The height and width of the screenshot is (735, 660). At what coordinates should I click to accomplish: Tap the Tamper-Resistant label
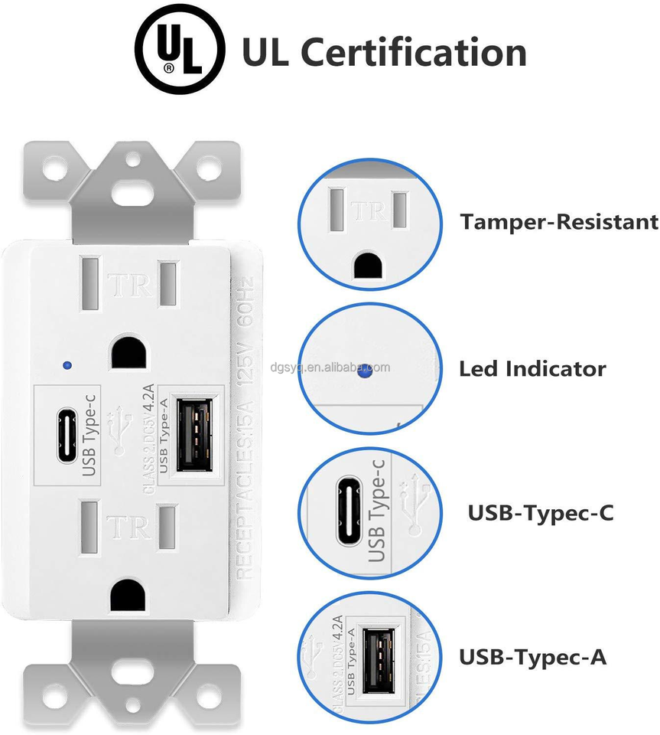pyautogui.click(x=558, y=222)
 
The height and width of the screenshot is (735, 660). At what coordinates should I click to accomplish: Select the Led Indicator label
pyautogui.click(x=532, y=369)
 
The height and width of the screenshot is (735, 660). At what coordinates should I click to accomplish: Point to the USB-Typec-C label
pyautogui.click(x=540, y=513)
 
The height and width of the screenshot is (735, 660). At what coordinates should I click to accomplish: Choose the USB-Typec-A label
pyautogui.click(x=532, y=656)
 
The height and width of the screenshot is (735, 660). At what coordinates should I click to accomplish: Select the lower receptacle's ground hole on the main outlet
pyautogui.click(x=125, y=595)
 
